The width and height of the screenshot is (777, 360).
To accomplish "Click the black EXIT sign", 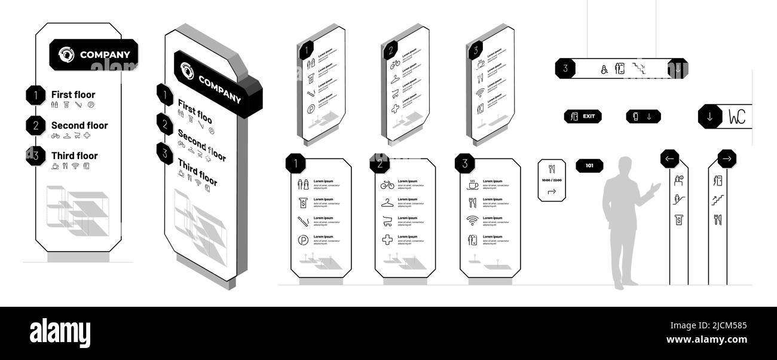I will pyautogui.click(x=583, y=117).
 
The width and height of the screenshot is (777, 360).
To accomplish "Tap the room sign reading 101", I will pyautogui.click(x=589, y=165).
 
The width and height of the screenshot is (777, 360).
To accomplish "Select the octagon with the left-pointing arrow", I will pyautogui.click(x=669, y=159).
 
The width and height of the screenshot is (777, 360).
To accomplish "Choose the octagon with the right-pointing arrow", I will pyautogui.click(x=727, y=159).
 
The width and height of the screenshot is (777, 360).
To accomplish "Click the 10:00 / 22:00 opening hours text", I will pyautogui.click(x=551, y=180).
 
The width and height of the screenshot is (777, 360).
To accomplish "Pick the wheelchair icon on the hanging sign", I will pyautogui.click(x=604, y=69).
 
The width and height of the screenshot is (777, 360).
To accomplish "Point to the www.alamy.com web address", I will pyautogui.click(x=706, y=340).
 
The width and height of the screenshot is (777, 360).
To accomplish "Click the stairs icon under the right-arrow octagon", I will pyautogui.click(x=718, y=200).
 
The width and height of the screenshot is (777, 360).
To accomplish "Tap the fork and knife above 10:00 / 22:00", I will pyautogui.click(x=551, y=169).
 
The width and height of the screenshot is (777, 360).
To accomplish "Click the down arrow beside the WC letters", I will pyautogui.click(x=710, y=117).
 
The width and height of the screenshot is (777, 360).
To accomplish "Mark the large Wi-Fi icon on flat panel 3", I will pyautogui.click(x=473, y=221).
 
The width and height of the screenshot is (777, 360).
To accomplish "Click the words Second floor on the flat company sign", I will pyautogui.click(x=79, y=126).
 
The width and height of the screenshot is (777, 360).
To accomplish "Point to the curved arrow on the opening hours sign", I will pyautogui.click(x=552, y=191).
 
